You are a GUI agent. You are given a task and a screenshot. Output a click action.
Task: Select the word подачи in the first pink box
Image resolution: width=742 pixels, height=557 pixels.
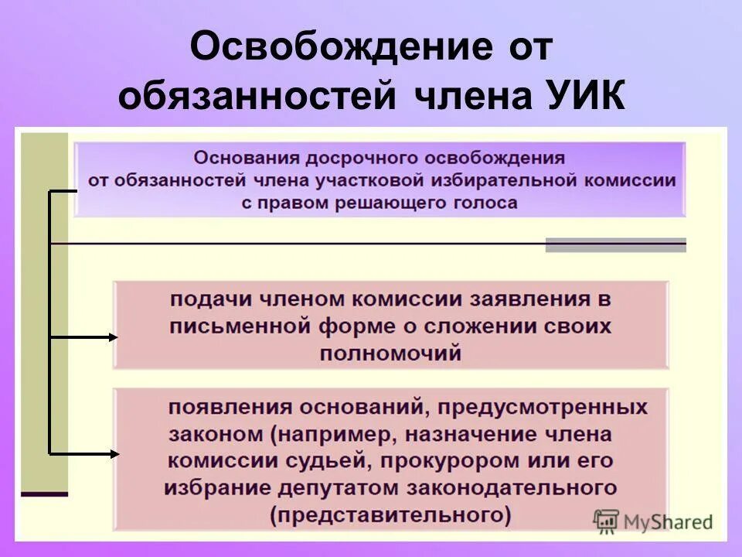[x=204, y=299]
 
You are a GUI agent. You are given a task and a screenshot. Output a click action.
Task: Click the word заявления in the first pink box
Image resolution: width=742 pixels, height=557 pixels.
[x=526, y=299]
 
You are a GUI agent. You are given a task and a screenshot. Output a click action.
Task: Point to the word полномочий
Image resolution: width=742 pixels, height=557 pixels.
[x=390, y=354]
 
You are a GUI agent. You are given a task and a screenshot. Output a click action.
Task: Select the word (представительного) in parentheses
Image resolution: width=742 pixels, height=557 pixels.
[x=390, y=514]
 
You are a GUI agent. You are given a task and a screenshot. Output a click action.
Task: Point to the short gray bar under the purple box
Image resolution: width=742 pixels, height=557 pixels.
[x=615, y=245]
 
